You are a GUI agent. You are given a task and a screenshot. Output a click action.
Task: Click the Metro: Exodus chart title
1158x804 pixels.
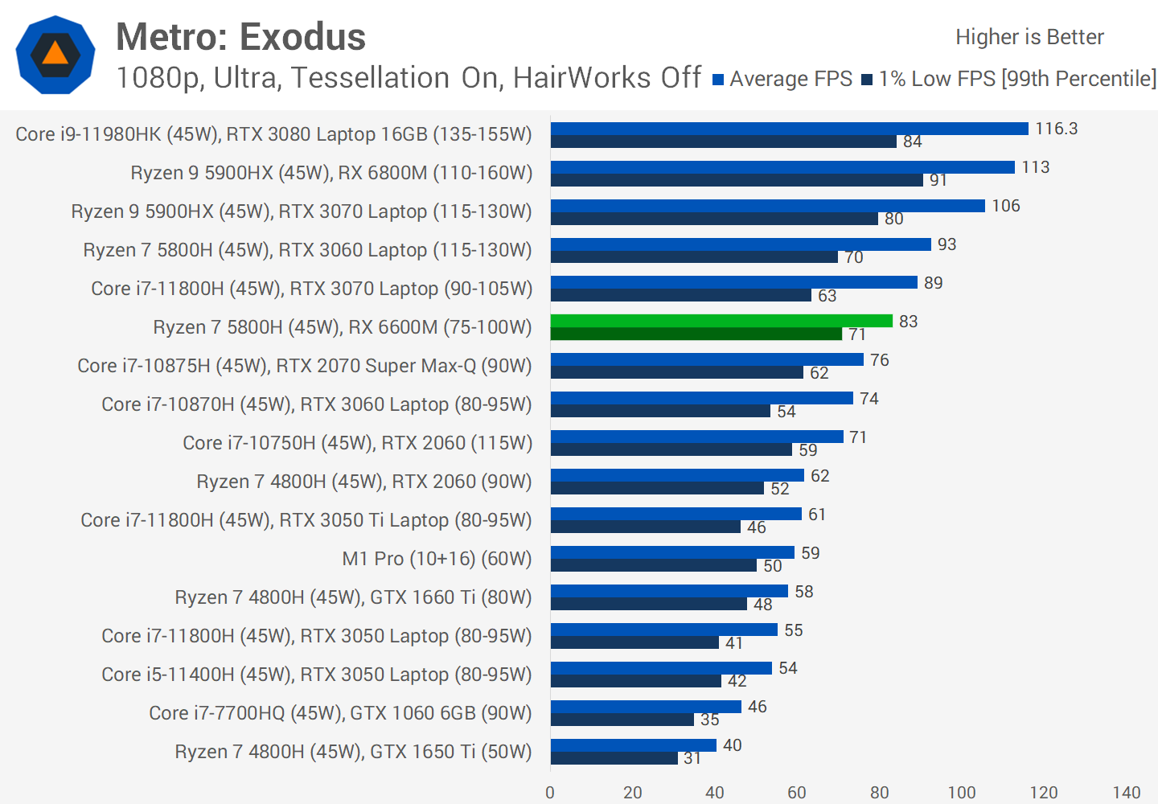click(240, 37)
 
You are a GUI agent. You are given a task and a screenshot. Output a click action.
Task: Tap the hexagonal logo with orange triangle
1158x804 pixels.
click(55, 55)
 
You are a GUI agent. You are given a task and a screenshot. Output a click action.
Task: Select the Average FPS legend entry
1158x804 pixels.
click(782, 79)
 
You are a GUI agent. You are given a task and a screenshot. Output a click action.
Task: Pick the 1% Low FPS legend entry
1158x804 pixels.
click(1009, 79)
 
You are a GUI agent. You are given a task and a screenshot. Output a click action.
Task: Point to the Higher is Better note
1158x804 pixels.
click(1029, 37)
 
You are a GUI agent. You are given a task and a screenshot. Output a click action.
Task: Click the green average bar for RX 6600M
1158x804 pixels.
click(721, 321)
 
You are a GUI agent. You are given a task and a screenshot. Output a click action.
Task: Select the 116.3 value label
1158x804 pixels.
click(1056, 129)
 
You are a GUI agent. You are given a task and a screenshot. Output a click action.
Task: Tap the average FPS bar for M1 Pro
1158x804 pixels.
click(672, 552)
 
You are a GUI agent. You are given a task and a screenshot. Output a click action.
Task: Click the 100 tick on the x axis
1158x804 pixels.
click(961, 793)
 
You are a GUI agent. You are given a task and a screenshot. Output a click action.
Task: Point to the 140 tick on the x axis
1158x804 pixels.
click(1126, 793)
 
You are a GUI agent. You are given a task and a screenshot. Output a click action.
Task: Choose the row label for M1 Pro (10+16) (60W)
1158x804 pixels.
click(437, 559)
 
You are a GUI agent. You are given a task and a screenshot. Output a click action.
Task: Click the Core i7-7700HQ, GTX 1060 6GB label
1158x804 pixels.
click(340, 713)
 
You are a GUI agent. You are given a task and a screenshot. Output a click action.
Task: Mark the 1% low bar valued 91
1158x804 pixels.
click(737, 180)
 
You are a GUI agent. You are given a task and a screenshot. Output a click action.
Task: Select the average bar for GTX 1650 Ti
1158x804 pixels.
click(633, 745)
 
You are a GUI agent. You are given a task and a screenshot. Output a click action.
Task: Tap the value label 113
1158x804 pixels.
click(1035, 167)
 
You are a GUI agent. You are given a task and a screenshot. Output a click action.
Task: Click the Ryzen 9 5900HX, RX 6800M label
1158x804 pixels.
click(331, 173)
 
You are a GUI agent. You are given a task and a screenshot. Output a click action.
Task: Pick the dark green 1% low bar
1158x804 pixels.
click(696, 334)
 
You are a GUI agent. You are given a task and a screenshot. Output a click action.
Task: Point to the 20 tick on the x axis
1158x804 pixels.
click(633, 793)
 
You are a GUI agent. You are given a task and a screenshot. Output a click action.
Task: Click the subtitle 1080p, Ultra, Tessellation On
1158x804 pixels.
click(409, 78)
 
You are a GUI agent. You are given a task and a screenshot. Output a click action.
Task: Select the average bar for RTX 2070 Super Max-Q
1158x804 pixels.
click(707, 359)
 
